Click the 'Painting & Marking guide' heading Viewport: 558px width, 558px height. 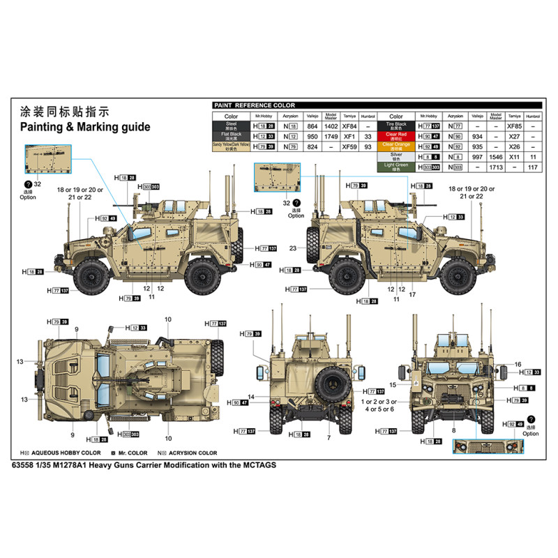point(84,127)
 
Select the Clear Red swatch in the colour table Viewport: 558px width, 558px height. point(396,135)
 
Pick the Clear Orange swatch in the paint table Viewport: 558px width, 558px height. point(396,146)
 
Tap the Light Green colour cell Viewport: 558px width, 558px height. point(396,167)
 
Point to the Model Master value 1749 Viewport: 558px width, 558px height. point(331,136)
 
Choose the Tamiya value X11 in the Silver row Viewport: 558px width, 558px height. point(515,157)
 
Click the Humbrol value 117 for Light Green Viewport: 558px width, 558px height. point(533,167)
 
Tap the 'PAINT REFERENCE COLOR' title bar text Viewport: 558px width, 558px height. point(255,105)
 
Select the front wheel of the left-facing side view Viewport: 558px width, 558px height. point(90,276)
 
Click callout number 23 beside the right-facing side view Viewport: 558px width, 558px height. point(294,248)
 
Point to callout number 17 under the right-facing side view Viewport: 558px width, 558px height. point(413,295)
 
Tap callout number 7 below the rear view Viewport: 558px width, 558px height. point(328,437)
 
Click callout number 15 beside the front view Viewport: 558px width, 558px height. point(393,384)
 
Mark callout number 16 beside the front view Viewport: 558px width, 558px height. point(518,364)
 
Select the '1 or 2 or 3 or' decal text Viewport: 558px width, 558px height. point(379,402)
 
